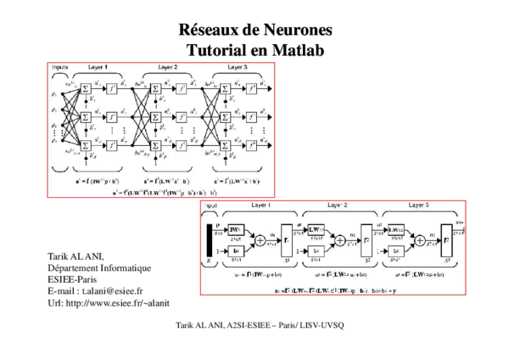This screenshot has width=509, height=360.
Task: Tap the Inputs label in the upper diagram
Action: click(59, 66)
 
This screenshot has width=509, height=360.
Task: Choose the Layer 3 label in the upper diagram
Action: click(237, 66)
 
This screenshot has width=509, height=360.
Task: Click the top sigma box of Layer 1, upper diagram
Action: click(86, 88)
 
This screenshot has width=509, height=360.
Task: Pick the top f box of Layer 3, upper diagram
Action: click(251, 88)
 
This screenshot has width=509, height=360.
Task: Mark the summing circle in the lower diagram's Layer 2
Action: click(340, 239)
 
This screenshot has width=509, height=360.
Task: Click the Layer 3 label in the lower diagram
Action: click(417, 205)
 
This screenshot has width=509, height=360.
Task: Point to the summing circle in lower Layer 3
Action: click(420, 239)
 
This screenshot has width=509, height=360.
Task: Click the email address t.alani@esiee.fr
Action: click(104, 290)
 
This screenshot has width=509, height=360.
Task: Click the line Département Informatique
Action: click(99, 267)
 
